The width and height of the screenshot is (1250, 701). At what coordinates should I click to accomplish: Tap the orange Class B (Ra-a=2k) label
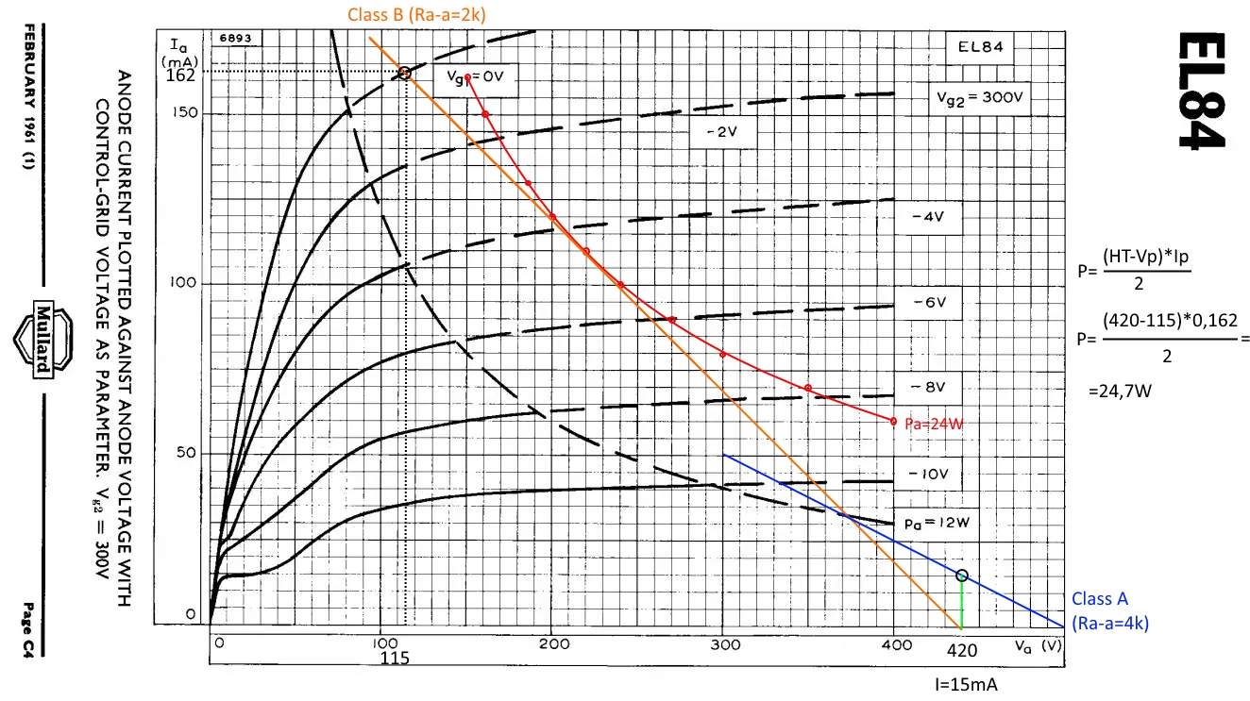click(x=416, y=13)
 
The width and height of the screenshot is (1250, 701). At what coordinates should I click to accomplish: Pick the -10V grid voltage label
click(x=930, y=474)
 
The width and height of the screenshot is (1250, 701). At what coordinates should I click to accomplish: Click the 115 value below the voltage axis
click(x=396, y=659)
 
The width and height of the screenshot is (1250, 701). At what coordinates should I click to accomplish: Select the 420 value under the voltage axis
click(x=963, y=651)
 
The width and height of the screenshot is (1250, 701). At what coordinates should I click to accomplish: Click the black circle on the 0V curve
click(x=404, y=73)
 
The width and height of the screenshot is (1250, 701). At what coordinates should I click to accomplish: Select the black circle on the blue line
click(x=962, y=576)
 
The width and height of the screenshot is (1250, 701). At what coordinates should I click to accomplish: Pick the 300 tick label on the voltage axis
click(x=724, y=643)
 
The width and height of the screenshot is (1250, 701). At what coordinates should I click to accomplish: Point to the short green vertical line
click(x=962, y=604)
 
